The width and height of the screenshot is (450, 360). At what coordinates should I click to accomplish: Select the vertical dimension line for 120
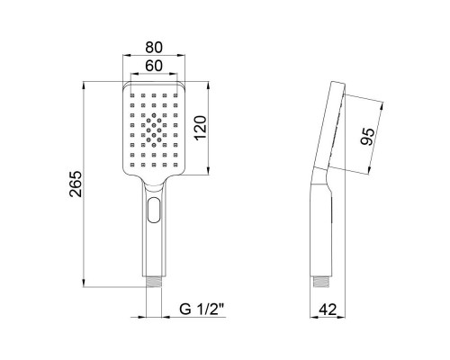pyautogui.click(x=212, y=128)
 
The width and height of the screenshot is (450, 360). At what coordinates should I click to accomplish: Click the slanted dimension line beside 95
pyautogui.click(x=379, y=137)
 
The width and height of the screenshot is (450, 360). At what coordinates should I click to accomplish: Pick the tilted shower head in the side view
pyautogui.click(x=331, y=126)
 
